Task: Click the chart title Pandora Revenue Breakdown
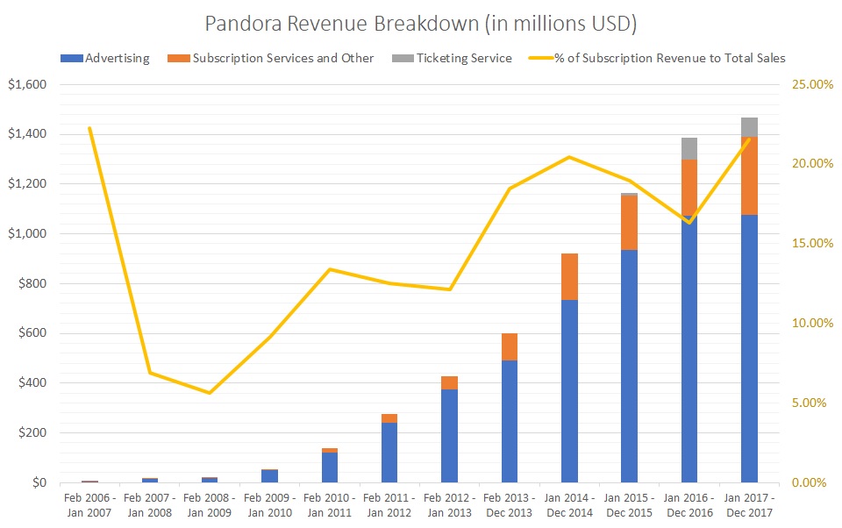pyautogui.click(x=421, y=23)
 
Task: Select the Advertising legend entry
pyautogui.click(x=105, y=59)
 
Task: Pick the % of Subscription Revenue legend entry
pyautogui.click(x=658, y=59)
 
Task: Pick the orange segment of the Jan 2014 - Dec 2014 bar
pyautogui.click(x=568, y=276)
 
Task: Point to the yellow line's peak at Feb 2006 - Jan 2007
pyautogui.click(x=89, y=128)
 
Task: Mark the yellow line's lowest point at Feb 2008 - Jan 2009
pyautogui.click(x=210, y=393)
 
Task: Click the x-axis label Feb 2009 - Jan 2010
pyautogui.click(x=269, y=504)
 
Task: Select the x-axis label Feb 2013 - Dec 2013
pyautogui.click(x=509, y=504)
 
